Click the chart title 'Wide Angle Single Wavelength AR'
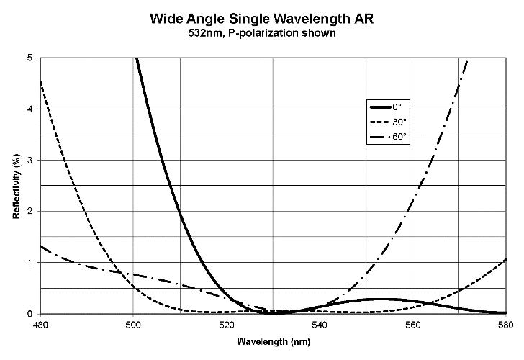click(x=261, y=15)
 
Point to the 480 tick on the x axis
click(x=40, y=324)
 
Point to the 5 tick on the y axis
click(x=30, y=58)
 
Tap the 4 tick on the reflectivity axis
click(x=30, y=109)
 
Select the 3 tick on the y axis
click(x=30, y=160)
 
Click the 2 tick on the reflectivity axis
click(x=30, y=212)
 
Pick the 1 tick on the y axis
click(x=30, y=263)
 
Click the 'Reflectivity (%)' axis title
click(x=16, y=186)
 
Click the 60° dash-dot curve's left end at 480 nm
click(x=41, y=246)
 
